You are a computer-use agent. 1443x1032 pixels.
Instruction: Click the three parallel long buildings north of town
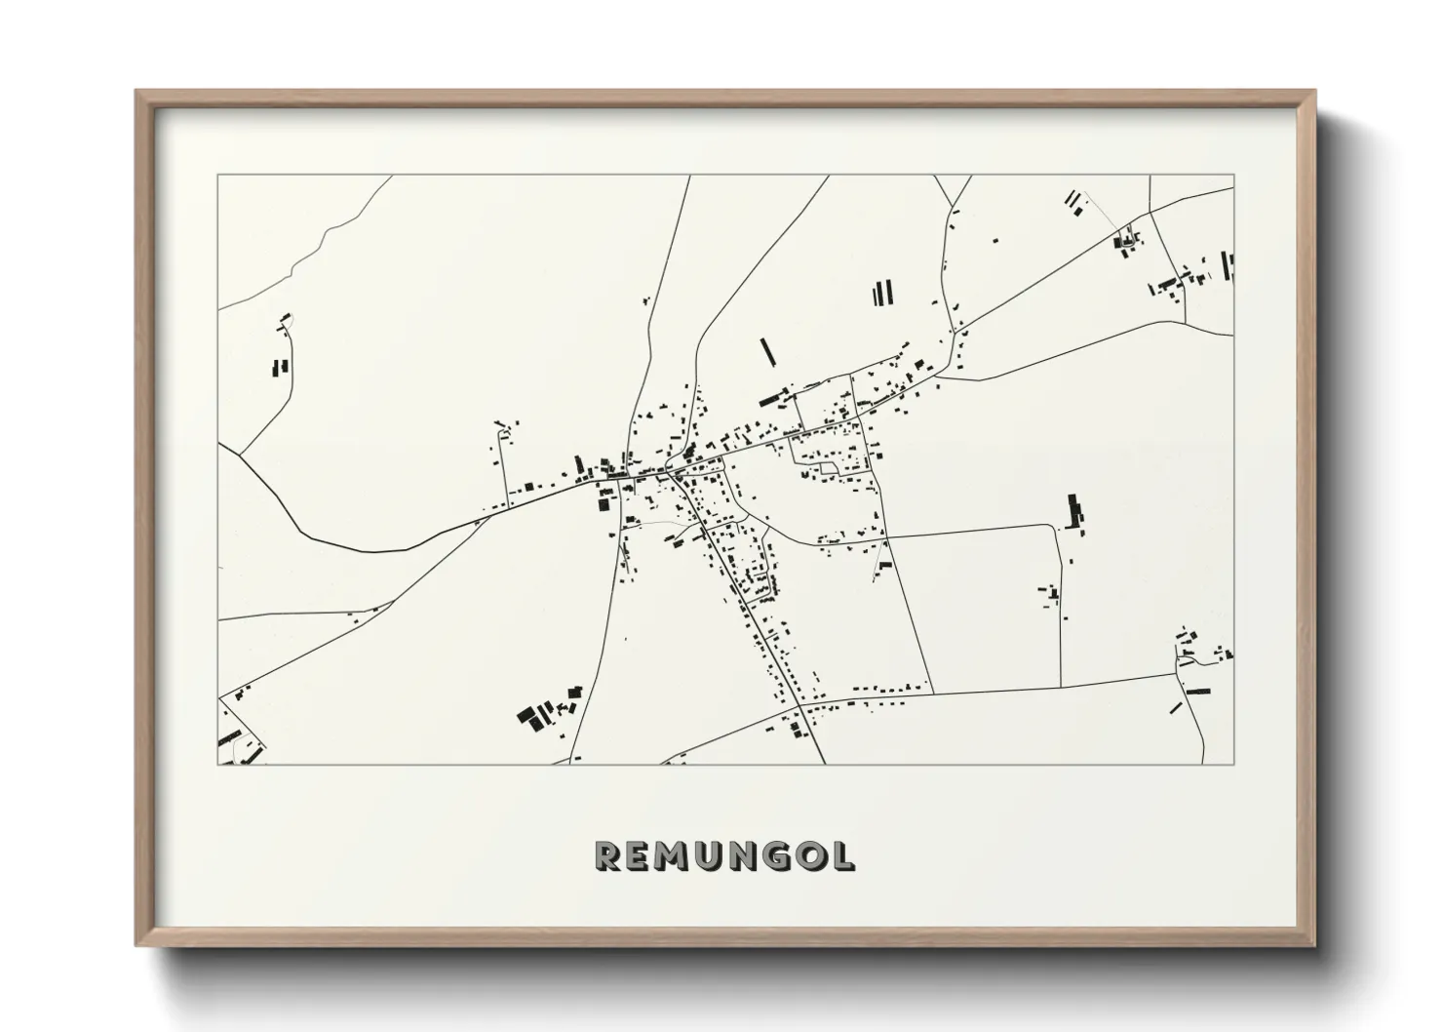(x=883, y=293)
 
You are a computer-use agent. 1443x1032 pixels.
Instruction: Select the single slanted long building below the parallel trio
(x=767, y=351)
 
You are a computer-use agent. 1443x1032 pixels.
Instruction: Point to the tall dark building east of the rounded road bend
(x=1076, y=511)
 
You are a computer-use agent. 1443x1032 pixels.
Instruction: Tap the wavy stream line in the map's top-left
(x=322, y=242)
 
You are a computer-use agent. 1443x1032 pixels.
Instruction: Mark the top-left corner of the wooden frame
(x=137, y=93)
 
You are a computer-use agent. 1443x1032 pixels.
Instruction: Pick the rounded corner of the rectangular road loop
(x=1054, y=528)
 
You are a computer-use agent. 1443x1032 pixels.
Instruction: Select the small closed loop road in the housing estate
(x=829, y=469)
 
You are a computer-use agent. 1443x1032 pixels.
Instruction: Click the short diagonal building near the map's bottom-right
(x=1177, y=706)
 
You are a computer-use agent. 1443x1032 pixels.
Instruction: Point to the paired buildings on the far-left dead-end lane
(x=279, y=368)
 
